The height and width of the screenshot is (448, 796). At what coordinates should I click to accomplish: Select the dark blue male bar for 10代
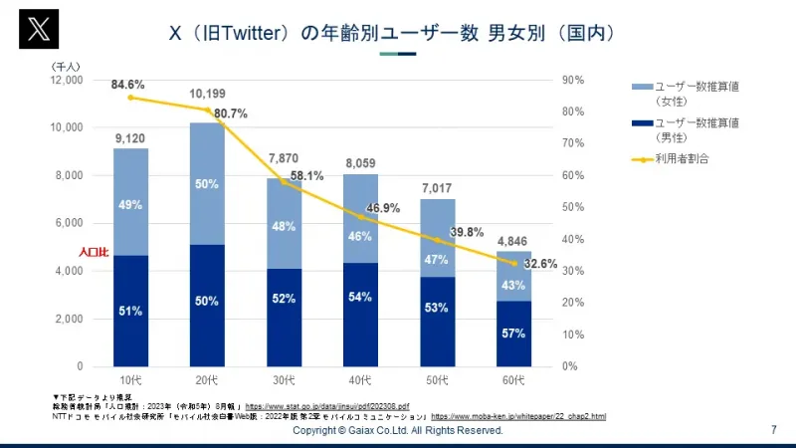click(x=130, y=311)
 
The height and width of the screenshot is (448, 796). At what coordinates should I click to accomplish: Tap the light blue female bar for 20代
click(x=207, y=184)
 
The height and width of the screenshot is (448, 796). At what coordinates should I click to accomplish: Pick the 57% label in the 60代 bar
click(x=513, y=334)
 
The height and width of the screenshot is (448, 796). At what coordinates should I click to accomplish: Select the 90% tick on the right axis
click(x=574, y=80)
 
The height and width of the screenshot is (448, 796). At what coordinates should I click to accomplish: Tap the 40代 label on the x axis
click(x=359, y=381)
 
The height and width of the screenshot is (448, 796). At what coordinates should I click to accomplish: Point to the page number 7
click(x=774, y=431)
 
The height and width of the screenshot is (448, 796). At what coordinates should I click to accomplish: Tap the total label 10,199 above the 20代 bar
click(x=207, y=97)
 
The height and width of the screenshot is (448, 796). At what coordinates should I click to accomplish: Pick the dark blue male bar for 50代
click(x=436, y=322)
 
